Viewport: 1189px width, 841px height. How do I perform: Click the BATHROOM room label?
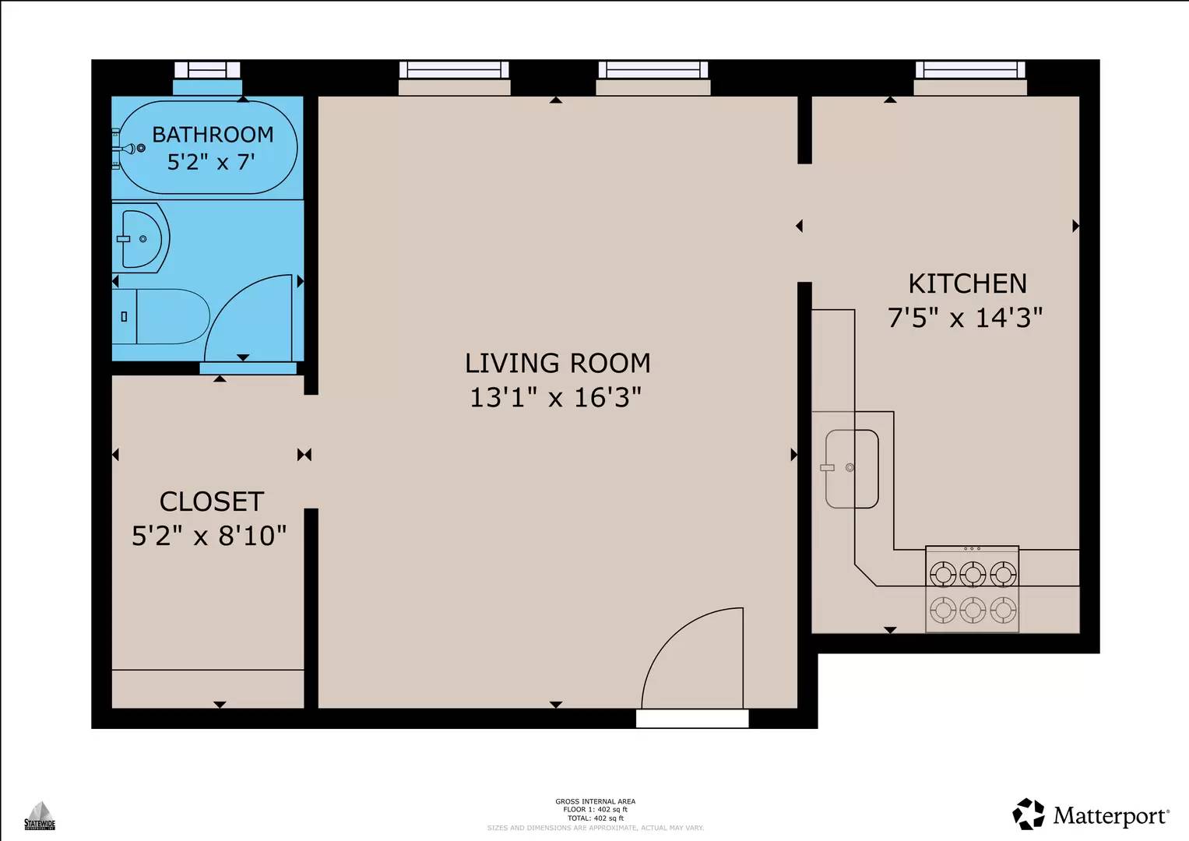pos(213,135)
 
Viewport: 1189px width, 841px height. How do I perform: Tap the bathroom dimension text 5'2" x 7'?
pos(211,162)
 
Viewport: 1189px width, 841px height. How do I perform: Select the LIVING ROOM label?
pos(558,363)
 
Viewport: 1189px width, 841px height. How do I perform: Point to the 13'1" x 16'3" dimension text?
pos(555,398)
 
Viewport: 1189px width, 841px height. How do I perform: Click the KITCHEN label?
pos(968,283)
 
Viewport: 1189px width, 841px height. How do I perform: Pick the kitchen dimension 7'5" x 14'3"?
pos(966,318)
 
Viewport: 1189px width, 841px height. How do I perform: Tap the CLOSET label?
pos(212,501)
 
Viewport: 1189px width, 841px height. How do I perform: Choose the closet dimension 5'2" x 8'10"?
pos(209,536)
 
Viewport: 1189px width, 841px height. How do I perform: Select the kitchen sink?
pos(852,468)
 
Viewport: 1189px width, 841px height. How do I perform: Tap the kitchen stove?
pos(972,589)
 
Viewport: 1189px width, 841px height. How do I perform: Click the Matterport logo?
pos(1091,815)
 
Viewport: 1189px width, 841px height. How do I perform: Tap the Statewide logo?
pos(39,815)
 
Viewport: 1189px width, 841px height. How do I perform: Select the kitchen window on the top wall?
pos(969,70)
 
